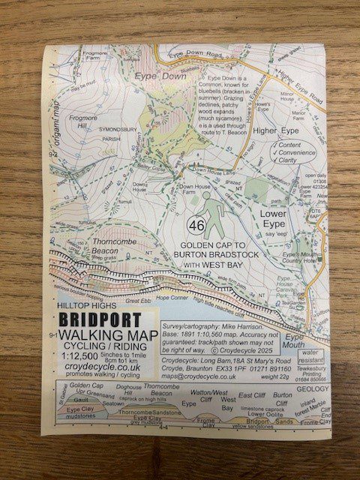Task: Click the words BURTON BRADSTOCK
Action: [x=216, y=255]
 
